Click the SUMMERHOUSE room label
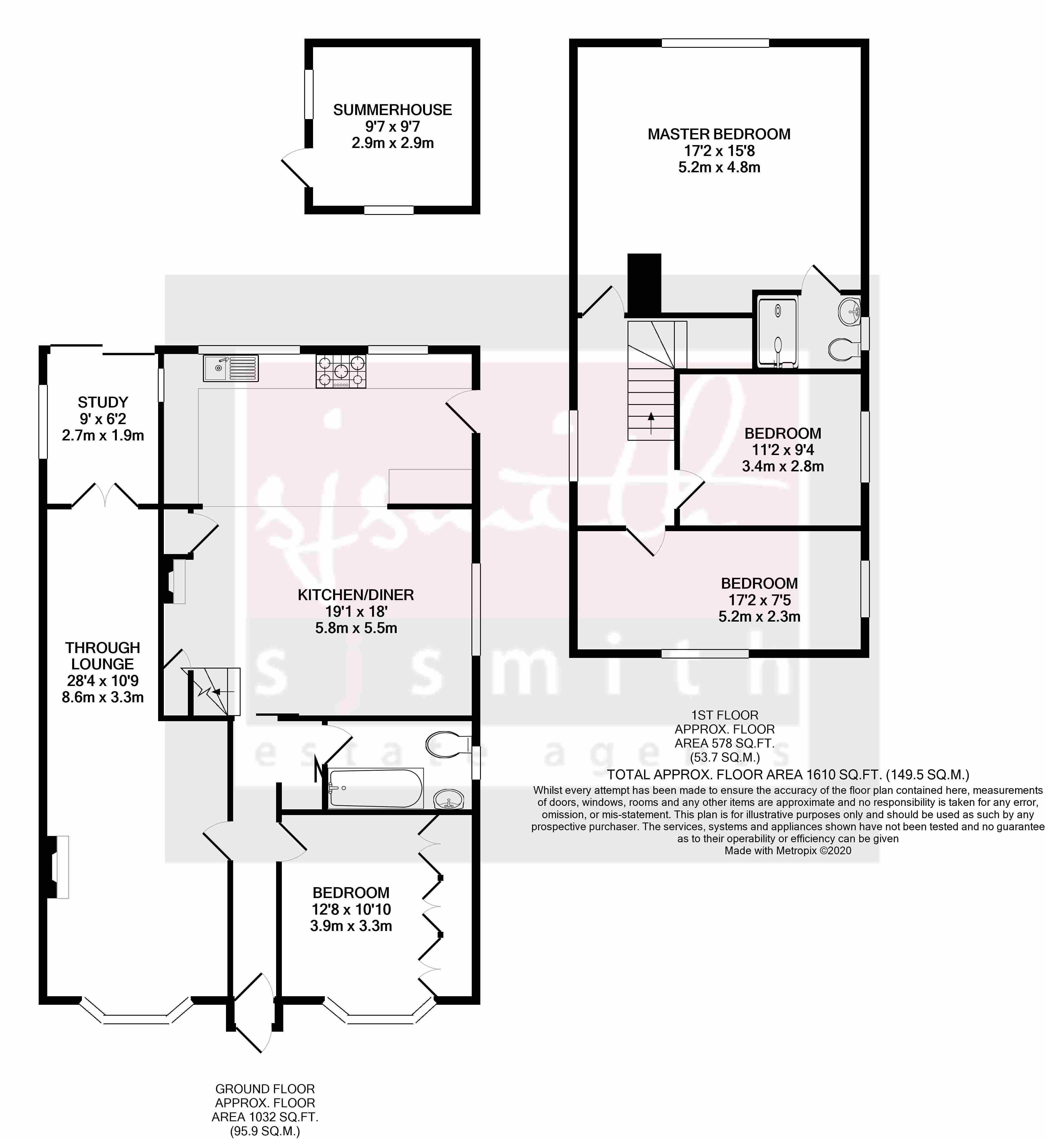(x=392, y=110)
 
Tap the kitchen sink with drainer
(x=230, y=368)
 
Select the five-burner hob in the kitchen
(x=341, y=371)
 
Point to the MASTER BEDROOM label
(x=719, y=134)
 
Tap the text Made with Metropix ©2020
(x=787, y=850)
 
